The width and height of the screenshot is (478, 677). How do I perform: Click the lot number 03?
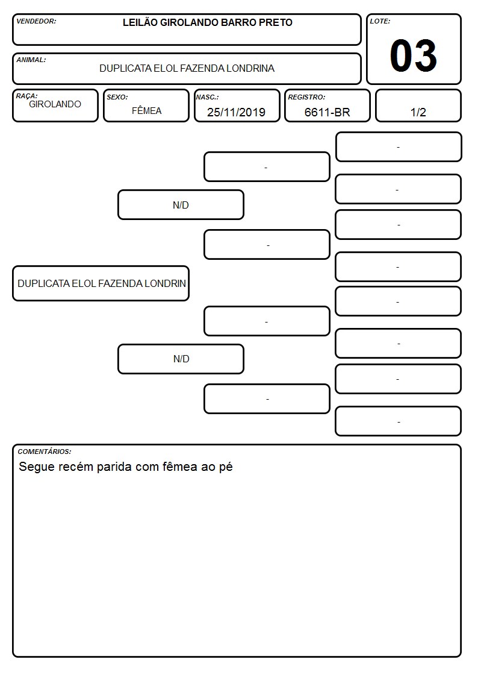click(413, 55)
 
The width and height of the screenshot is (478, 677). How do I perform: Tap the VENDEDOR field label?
click(36, 21)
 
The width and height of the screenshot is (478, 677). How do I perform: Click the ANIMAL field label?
click(31, 60)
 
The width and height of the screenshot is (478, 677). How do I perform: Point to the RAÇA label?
click(26, 96)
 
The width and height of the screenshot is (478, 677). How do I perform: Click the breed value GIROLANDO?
click(55, 104)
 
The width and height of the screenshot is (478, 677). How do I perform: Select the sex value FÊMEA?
click(146, 110)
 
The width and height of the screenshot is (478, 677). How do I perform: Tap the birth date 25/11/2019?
click(236, 112)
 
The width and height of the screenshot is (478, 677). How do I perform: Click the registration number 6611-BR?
click(327, 112)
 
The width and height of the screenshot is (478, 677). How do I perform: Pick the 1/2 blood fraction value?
click(418, 112)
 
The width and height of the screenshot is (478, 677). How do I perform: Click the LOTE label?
click(380, 21)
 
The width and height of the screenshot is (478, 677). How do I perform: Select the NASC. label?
click(207, 97)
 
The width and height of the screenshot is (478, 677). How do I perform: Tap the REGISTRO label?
click(306, 97)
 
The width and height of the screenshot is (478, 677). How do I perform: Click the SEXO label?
click(117, 97)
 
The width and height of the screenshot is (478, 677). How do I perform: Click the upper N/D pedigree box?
click(181, 204)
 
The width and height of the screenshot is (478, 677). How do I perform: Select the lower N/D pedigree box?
click(181, 359)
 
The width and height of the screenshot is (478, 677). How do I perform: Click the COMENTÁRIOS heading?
click(45, 452)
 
